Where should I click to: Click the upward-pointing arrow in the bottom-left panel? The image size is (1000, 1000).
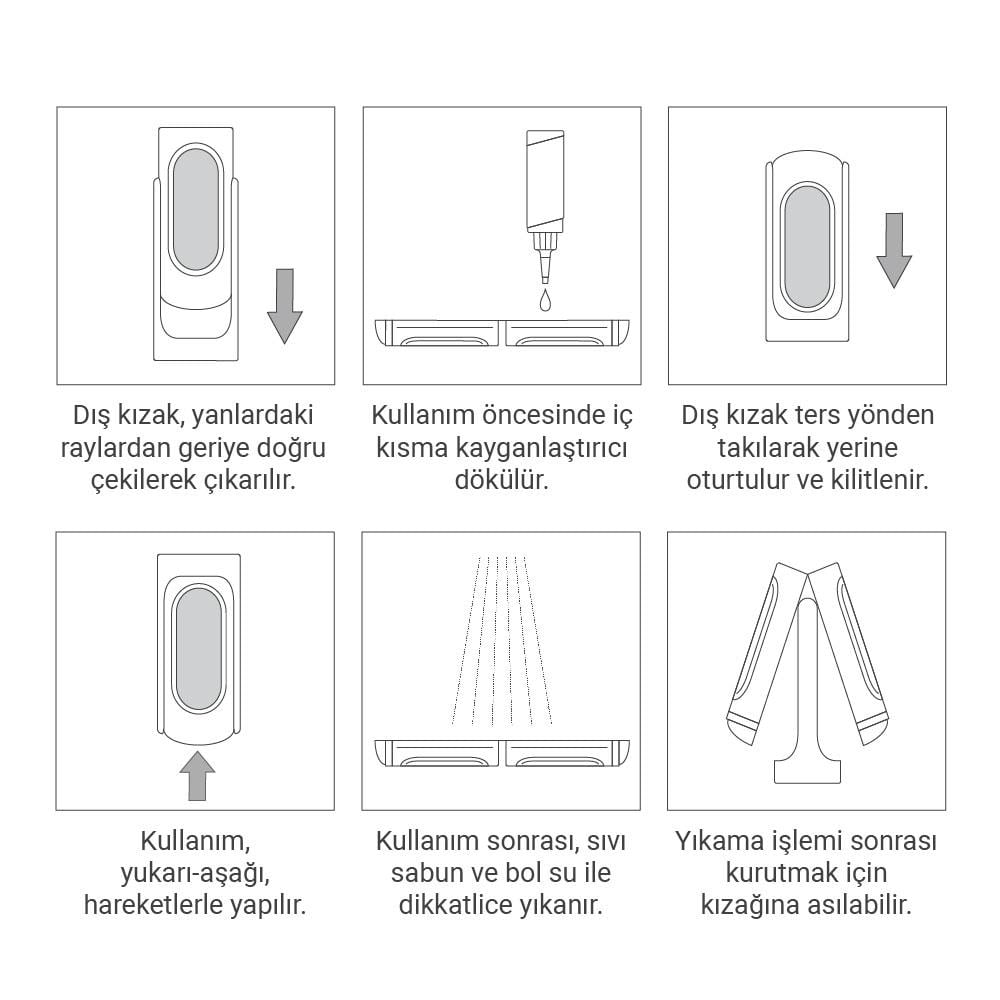pos(198,776)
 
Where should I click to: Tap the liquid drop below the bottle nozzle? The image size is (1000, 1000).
pos(545,300)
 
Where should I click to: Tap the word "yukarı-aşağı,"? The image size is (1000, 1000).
pos(195,873)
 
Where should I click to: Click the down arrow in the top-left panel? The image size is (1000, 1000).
pos(284,306)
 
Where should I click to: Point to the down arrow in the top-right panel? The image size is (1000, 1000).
pos(894,251)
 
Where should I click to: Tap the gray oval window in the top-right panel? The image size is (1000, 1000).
pos(807,248)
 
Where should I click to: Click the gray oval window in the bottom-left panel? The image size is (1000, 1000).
pos(198,649)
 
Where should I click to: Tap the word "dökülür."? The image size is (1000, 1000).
pos(502,480)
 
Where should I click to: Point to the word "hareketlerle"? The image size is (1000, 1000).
pos(152,905)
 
